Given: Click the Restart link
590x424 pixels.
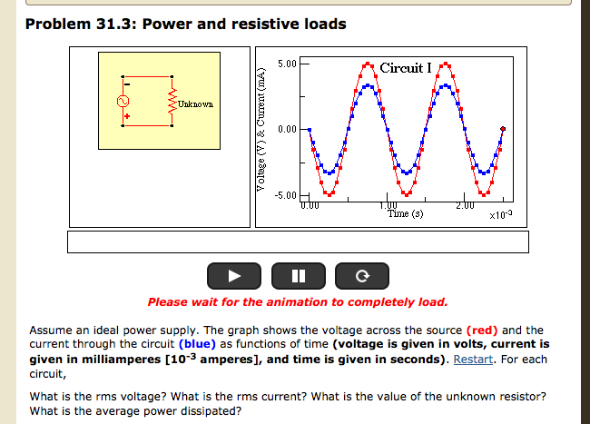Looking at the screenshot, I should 472,358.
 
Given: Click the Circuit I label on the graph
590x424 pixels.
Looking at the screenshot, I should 406,68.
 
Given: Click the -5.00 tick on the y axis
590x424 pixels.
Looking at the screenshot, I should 285,195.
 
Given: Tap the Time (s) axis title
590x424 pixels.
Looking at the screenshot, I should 405,214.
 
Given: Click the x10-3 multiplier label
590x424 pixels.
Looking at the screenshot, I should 500,214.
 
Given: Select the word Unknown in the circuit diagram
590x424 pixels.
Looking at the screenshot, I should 195,104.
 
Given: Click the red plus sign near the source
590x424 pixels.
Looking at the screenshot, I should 128,118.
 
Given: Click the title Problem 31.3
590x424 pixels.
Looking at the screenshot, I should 185,24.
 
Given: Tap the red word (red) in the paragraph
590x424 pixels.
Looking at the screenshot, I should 481,330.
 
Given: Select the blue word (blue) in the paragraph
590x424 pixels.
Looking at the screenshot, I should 196,344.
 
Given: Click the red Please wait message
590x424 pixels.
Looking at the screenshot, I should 297,301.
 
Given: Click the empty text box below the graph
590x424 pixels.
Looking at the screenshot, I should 297,242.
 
